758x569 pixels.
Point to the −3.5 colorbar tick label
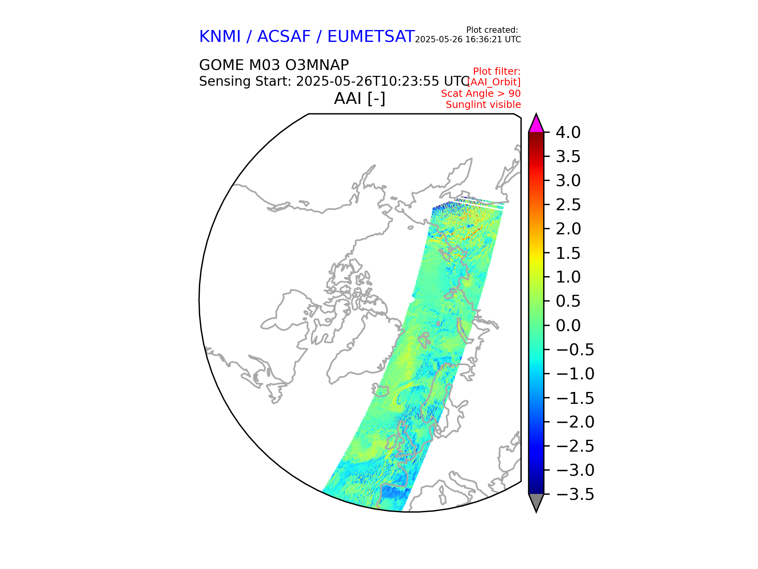click(575, 494)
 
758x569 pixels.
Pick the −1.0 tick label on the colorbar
click(575, 374)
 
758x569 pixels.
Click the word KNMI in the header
click(220, 37)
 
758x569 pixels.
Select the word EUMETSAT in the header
click(371, 37)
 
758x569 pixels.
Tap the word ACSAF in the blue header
click(284, 37)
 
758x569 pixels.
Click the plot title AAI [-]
click(360, 98)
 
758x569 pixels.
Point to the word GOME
click(221, 65)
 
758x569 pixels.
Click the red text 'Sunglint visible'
click(483, 105)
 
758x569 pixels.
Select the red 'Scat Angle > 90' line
click(480, 94)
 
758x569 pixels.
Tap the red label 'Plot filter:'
click(497, 72)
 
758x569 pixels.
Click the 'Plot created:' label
click(492, 30)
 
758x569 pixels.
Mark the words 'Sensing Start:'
click(245, 81)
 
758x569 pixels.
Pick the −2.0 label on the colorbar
click(575, 422)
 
